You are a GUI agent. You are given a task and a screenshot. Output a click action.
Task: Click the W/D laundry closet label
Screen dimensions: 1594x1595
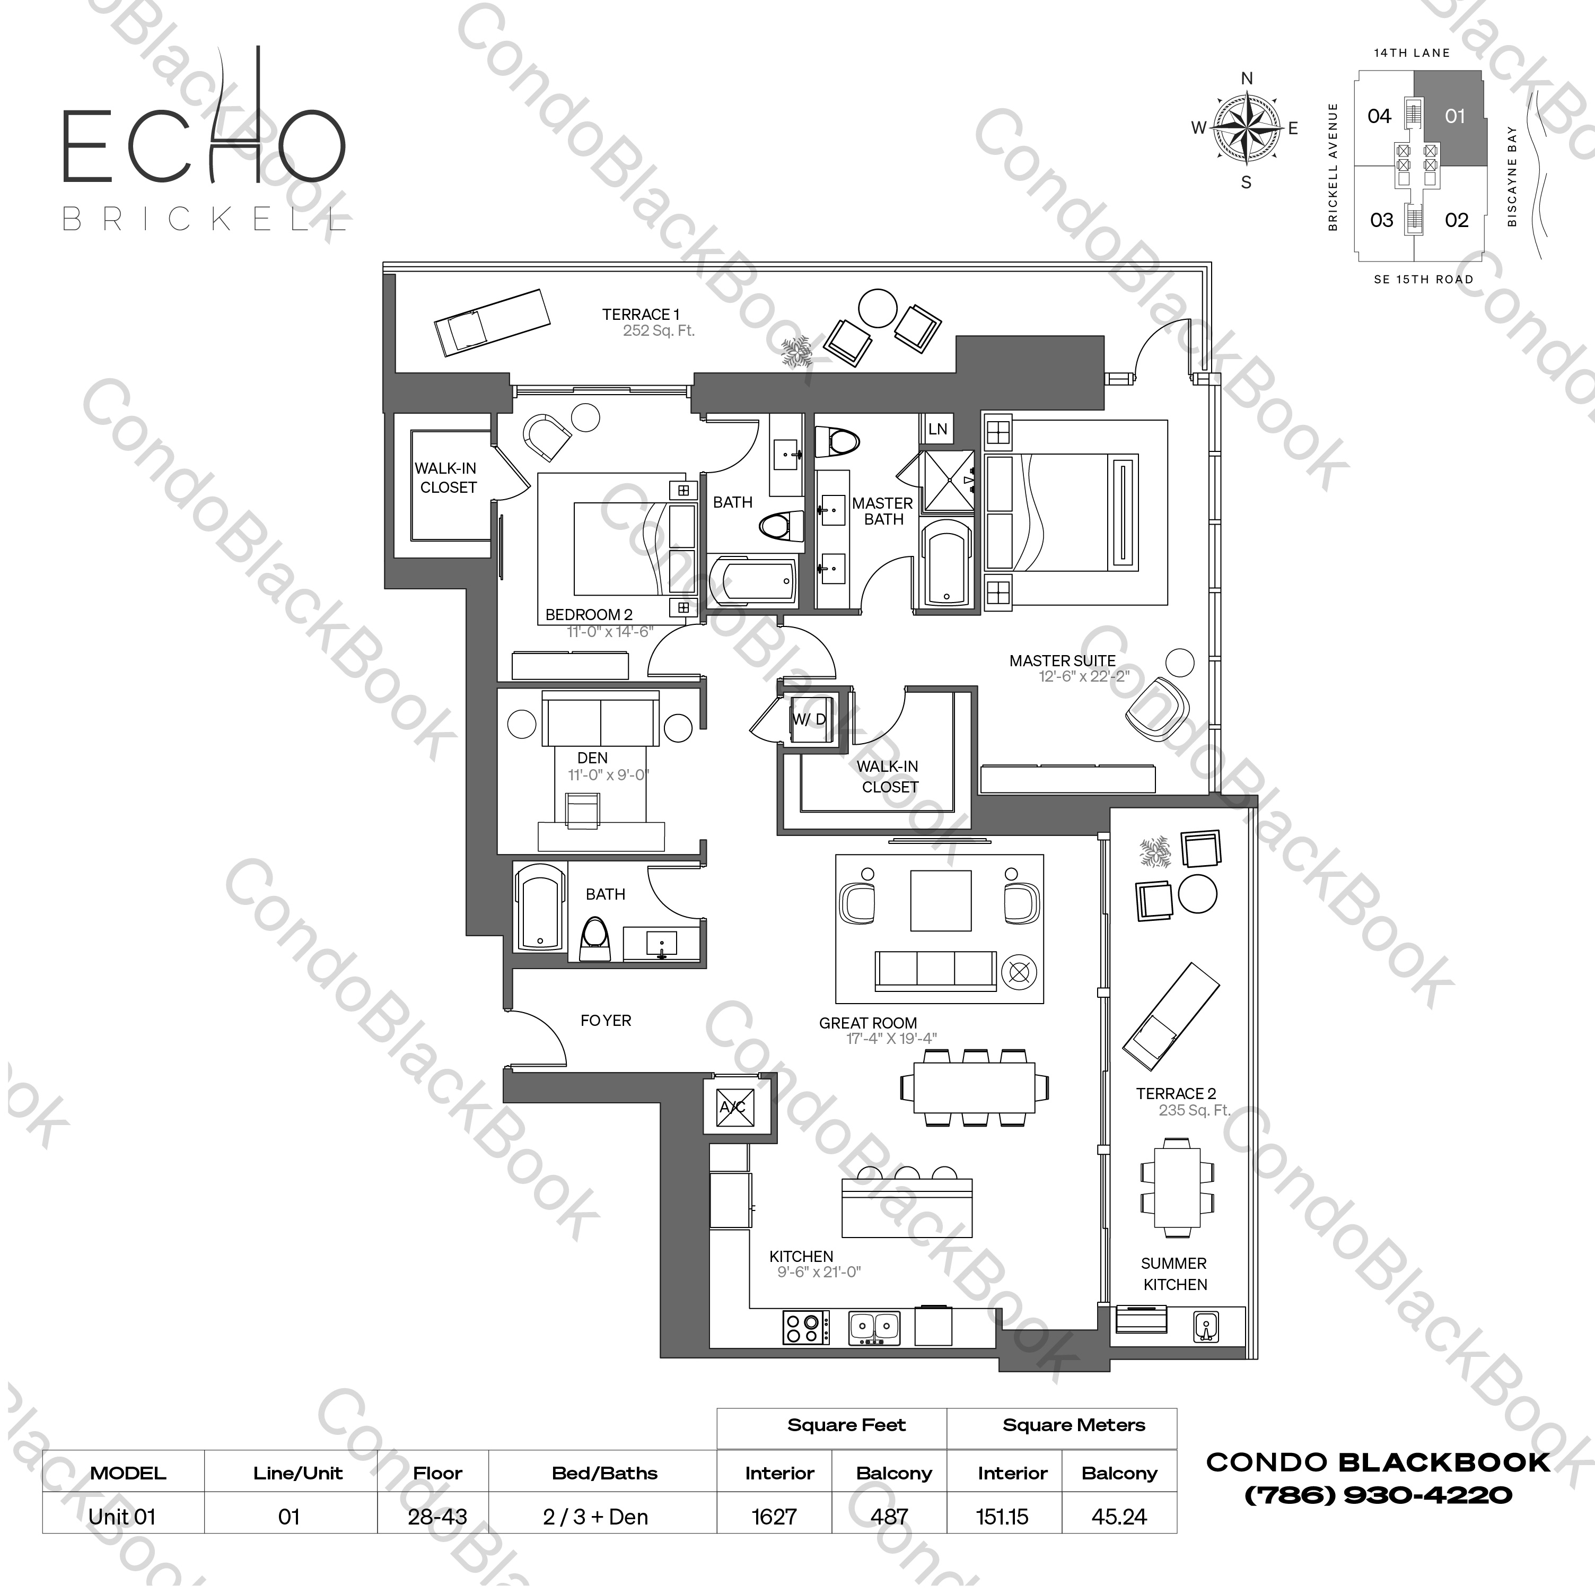(x=809, y=719)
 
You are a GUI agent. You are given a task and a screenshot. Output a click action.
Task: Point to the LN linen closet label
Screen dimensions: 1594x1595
(x=938, y=429)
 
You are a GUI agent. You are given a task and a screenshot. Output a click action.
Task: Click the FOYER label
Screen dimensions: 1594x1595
(x=605, y=1021)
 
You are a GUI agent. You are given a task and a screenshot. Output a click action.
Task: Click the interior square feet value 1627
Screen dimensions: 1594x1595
(x=774, y=1517)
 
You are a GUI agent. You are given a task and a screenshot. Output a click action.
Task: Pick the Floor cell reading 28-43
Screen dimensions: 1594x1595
(x=437, y=1517)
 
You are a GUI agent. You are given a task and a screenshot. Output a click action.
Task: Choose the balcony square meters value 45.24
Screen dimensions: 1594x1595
(x=1119, y=1517)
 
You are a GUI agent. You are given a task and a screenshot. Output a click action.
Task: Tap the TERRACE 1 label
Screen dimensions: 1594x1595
(x=641, y=315)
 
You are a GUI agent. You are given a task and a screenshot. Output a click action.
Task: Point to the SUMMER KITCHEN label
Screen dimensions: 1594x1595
(x=1174, y=1274)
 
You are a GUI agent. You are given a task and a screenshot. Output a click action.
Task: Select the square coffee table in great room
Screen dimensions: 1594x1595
(x=941, y=900)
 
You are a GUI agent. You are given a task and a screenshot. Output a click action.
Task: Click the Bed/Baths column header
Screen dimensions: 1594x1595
(x=604, y=1474)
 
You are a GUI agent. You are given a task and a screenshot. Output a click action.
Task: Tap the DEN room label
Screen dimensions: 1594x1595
(x=593, y=758)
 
